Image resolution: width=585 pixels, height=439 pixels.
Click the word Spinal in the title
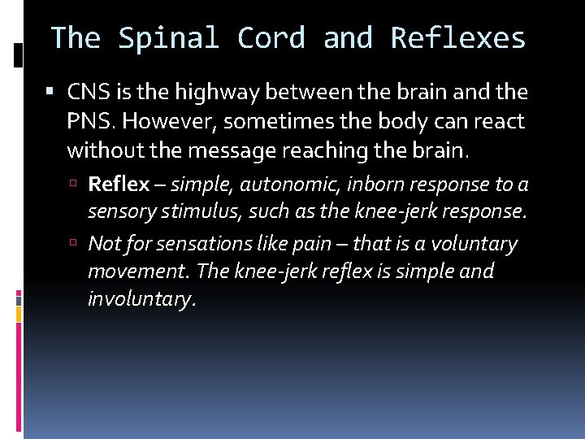(169, 37)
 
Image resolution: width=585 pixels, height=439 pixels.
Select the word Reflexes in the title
(458, 37)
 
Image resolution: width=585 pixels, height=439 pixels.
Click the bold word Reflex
(119, 185)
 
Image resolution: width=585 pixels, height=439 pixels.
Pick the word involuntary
(141, 299)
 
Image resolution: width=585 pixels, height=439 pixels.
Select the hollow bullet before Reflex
(75, 185)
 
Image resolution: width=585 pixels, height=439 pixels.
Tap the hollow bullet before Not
(75, 243)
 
